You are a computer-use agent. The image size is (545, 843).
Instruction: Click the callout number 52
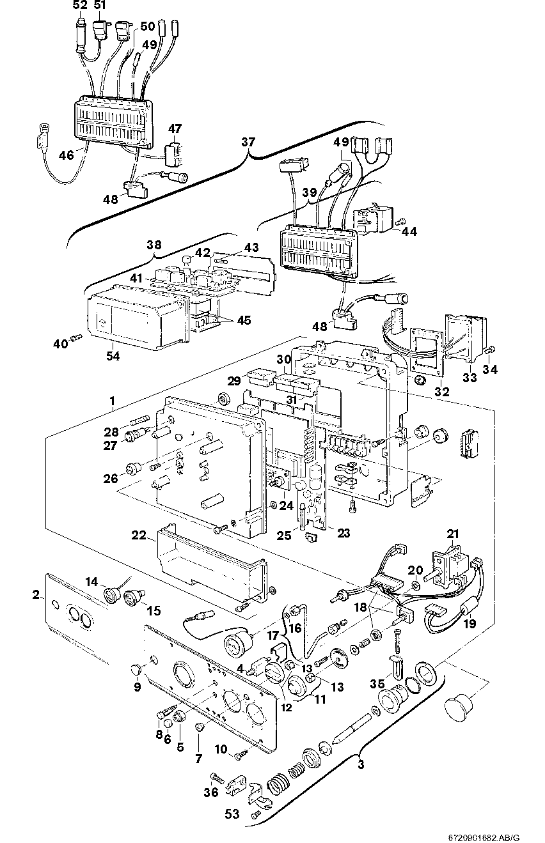[x=79, y=6]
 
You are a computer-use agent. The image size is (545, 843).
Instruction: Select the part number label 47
[x=175, y=128]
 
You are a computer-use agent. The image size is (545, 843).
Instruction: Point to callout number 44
[x=408, y=231]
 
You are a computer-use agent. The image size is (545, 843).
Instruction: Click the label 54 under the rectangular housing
[x=112, y=355]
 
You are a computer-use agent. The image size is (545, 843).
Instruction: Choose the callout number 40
[x=60, y=344]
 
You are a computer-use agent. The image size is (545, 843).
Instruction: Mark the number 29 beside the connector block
[x=234, y=380]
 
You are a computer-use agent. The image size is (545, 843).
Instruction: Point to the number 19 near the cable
[x=469, y=623]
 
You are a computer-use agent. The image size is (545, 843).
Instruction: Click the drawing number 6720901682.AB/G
[x=484, y=835]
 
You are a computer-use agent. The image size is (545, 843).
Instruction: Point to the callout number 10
[x=221, y=748]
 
